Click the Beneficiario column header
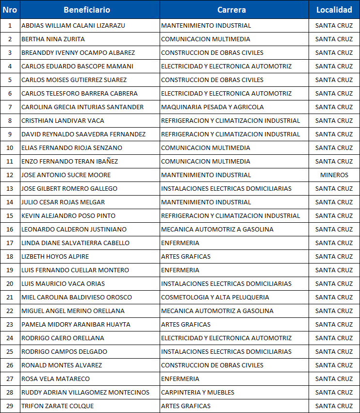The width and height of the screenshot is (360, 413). click(x=87, y=10)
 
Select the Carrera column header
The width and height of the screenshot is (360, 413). click(x=231, y=10)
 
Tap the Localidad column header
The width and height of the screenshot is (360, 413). click(x=334, y=10)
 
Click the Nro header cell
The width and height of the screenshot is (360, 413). click(x=10, y=10)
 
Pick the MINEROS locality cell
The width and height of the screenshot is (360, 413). click(x=334, y=175)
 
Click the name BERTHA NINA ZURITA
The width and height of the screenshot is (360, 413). click(x=53, y=39)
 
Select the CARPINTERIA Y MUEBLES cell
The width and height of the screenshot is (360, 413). click(x=197, y=392)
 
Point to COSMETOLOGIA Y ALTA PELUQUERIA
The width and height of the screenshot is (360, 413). click(x=214, y=297)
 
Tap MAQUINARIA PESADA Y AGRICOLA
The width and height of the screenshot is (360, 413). click(x=212, y=107)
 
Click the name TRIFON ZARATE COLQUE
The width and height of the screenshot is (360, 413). click(x=57, y=406)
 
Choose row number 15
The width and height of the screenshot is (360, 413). click(x=10, y=215)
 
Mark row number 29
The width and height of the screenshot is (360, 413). click(x=10, y=406)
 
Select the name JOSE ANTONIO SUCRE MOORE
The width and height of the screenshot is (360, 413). click(x=66, y=175)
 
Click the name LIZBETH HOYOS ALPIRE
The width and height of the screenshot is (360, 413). click(x=55, y=256)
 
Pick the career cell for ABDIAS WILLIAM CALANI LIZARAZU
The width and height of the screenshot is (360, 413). click(x=206, y=25)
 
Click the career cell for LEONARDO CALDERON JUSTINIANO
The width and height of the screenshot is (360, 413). click(x=217, y=229)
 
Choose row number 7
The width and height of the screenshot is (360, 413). click(x=10, y=107)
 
